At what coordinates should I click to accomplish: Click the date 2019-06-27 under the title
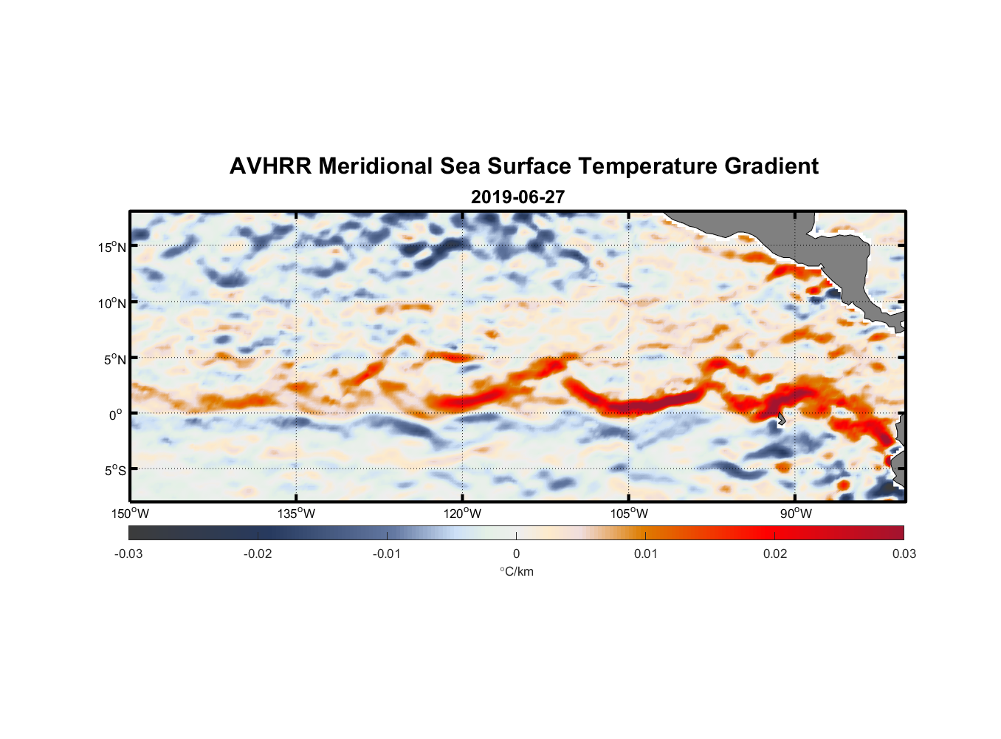(x=517, y=197)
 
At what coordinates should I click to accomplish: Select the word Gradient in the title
(x=771, y=166)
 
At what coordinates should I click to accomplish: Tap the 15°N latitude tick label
(x=112, y=247)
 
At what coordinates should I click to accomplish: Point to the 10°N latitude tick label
(x=112, y=303)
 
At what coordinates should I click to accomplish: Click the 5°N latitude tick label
(x=114, y=359)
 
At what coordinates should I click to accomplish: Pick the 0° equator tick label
(x=116, y=415)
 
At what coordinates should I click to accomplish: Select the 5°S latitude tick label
(x=114, y=471)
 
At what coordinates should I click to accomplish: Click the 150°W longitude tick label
(x=131, y=514)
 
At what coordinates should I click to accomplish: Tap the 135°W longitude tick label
(x=297, y=514)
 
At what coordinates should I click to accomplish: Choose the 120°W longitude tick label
(x=463, y=514)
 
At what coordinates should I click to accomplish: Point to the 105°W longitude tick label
(x=629, y=514)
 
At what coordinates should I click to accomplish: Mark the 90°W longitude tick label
(x=795, y=514)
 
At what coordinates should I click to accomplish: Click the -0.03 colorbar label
(x=128, y=554)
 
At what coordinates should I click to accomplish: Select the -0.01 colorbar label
(x=387, y=554)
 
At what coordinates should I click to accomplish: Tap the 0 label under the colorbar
(x=516, y=554)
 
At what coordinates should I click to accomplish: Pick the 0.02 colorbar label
(x=775, y=554)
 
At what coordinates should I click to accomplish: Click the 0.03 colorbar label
(x=904, y=554)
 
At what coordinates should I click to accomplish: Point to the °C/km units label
(x=516, y=571)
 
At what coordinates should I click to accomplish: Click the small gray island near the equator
(x=781, y=420)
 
